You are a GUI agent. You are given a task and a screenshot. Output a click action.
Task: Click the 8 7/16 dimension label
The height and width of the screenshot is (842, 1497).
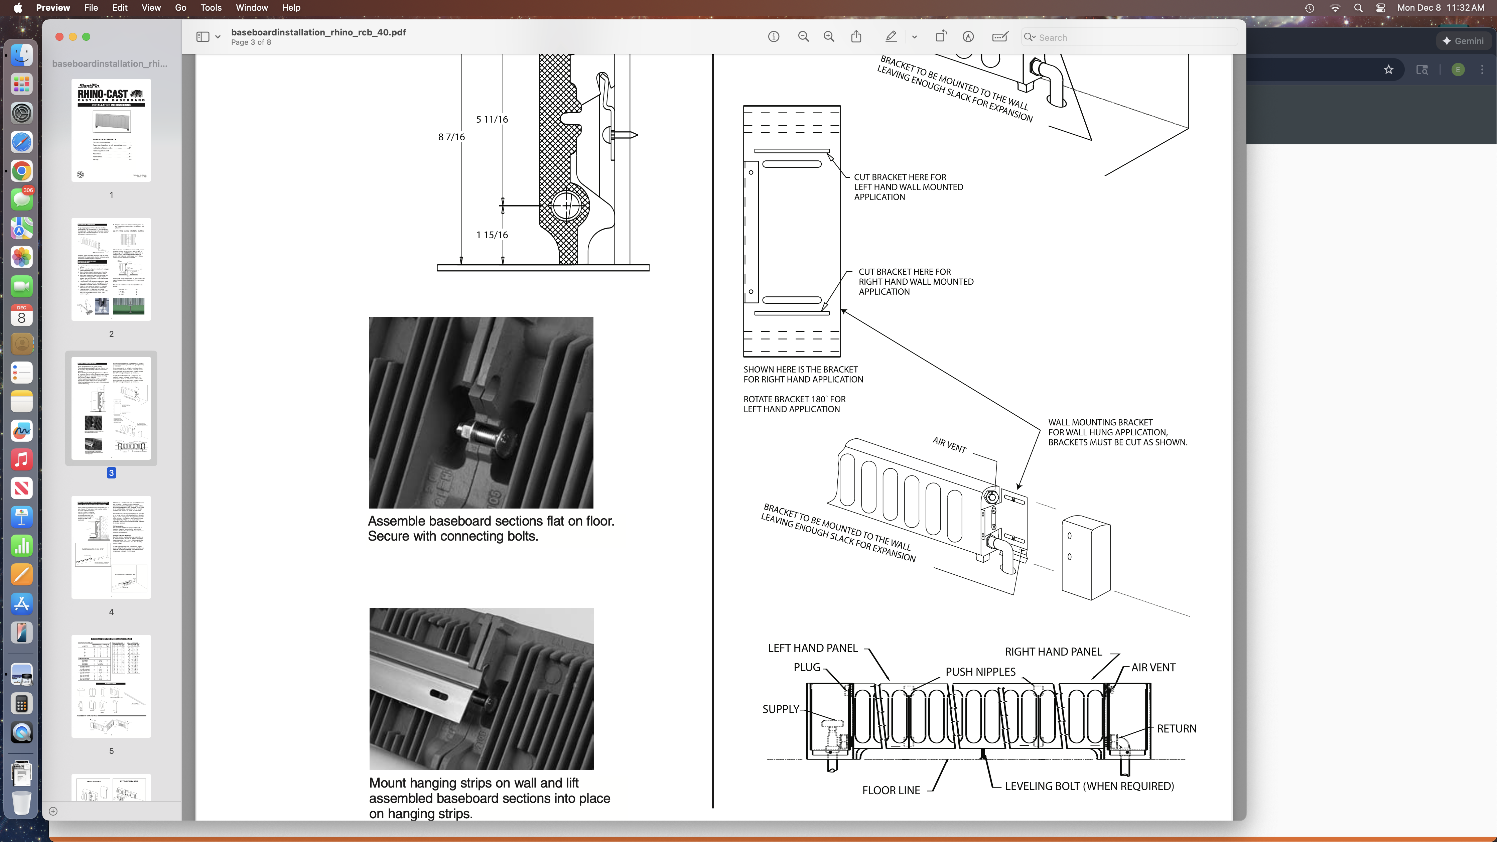[x=451, y=137]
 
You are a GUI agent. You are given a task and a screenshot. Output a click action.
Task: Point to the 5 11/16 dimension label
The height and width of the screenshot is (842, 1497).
[x=492, y=119]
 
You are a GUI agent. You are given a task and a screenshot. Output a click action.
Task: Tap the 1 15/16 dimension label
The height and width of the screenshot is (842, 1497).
[x=492, y=235]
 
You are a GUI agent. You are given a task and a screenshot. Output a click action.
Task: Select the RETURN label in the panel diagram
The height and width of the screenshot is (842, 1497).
[x=1176, y=729]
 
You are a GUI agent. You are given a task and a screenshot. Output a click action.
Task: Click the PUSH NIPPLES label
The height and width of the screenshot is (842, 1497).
[x=980, y=672]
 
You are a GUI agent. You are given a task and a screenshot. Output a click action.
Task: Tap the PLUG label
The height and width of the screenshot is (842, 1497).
[x=807, y=667]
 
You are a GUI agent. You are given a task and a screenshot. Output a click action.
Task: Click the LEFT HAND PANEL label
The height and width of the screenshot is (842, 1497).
[x=812, y=648]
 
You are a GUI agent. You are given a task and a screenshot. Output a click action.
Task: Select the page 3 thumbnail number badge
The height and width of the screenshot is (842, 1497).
[x=111, y=473]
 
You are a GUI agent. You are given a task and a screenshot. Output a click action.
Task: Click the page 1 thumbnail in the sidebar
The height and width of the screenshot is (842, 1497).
[x=111, y=130]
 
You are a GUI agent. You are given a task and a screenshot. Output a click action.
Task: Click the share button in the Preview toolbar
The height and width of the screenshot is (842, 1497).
[x=856, y=37]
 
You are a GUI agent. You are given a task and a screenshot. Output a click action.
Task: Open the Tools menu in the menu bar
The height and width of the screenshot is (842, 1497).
[x=211, y=8]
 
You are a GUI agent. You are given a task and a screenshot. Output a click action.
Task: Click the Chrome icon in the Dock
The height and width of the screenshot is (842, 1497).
[x=21, y=171]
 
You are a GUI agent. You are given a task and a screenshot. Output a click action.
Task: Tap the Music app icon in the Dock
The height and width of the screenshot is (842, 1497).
[x=21, y=460]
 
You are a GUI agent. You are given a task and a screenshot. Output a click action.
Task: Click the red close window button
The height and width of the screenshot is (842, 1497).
[x=59, y=37]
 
